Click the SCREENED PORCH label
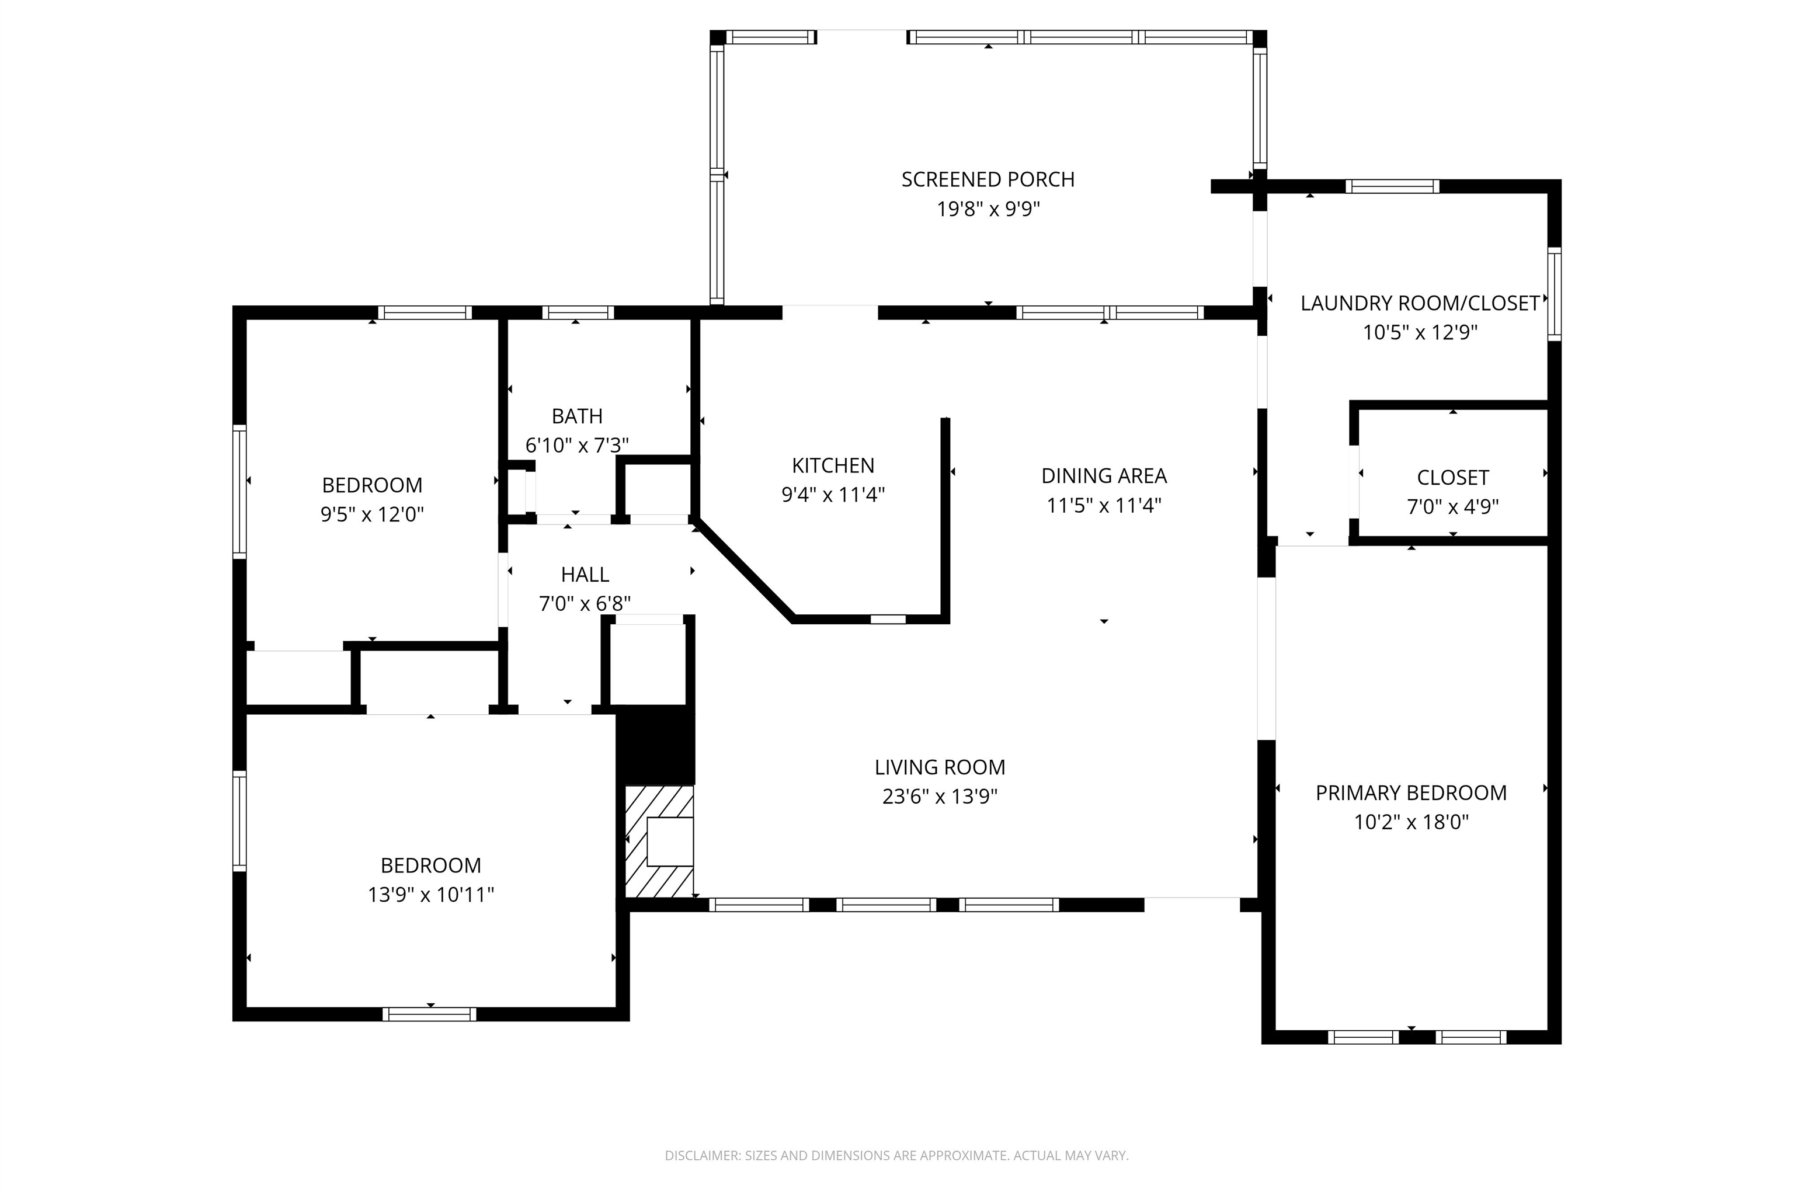pos(988,179)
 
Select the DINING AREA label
pos(1104,476)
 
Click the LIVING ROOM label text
pos(940,767)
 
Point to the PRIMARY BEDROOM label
pos(1411,793)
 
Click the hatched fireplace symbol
pos(659,842)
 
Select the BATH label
pos(576,416)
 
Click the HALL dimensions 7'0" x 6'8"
pos(585,604)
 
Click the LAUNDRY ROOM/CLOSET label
pos(1420,304)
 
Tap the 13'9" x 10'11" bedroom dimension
pos(431,895)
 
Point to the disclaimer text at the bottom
pos(896,1156)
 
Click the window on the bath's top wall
pos(578,312)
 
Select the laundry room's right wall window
pos(1554,294)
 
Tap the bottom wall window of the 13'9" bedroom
pos(429,1014)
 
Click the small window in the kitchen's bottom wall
pos(888,618)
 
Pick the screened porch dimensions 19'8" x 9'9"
pos(988,209)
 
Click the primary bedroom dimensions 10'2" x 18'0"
pos(1411,822)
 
